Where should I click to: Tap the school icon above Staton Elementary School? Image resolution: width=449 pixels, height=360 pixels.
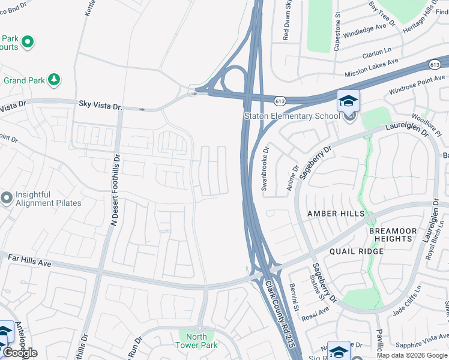coord(348,100)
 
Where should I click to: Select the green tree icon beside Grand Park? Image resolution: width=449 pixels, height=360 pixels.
coord(54,79)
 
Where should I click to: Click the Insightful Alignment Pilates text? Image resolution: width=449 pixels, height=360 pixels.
coord(48,199)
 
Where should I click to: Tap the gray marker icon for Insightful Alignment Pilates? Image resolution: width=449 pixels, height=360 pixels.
coord(7,197)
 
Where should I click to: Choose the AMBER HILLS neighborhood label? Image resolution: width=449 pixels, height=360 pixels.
coord(336,214)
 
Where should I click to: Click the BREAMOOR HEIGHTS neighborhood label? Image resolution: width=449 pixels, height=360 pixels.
coord(391,235)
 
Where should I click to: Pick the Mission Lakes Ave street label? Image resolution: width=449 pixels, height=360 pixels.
coord(371,68)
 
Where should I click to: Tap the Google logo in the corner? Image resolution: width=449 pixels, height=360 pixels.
coord(20,353)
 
